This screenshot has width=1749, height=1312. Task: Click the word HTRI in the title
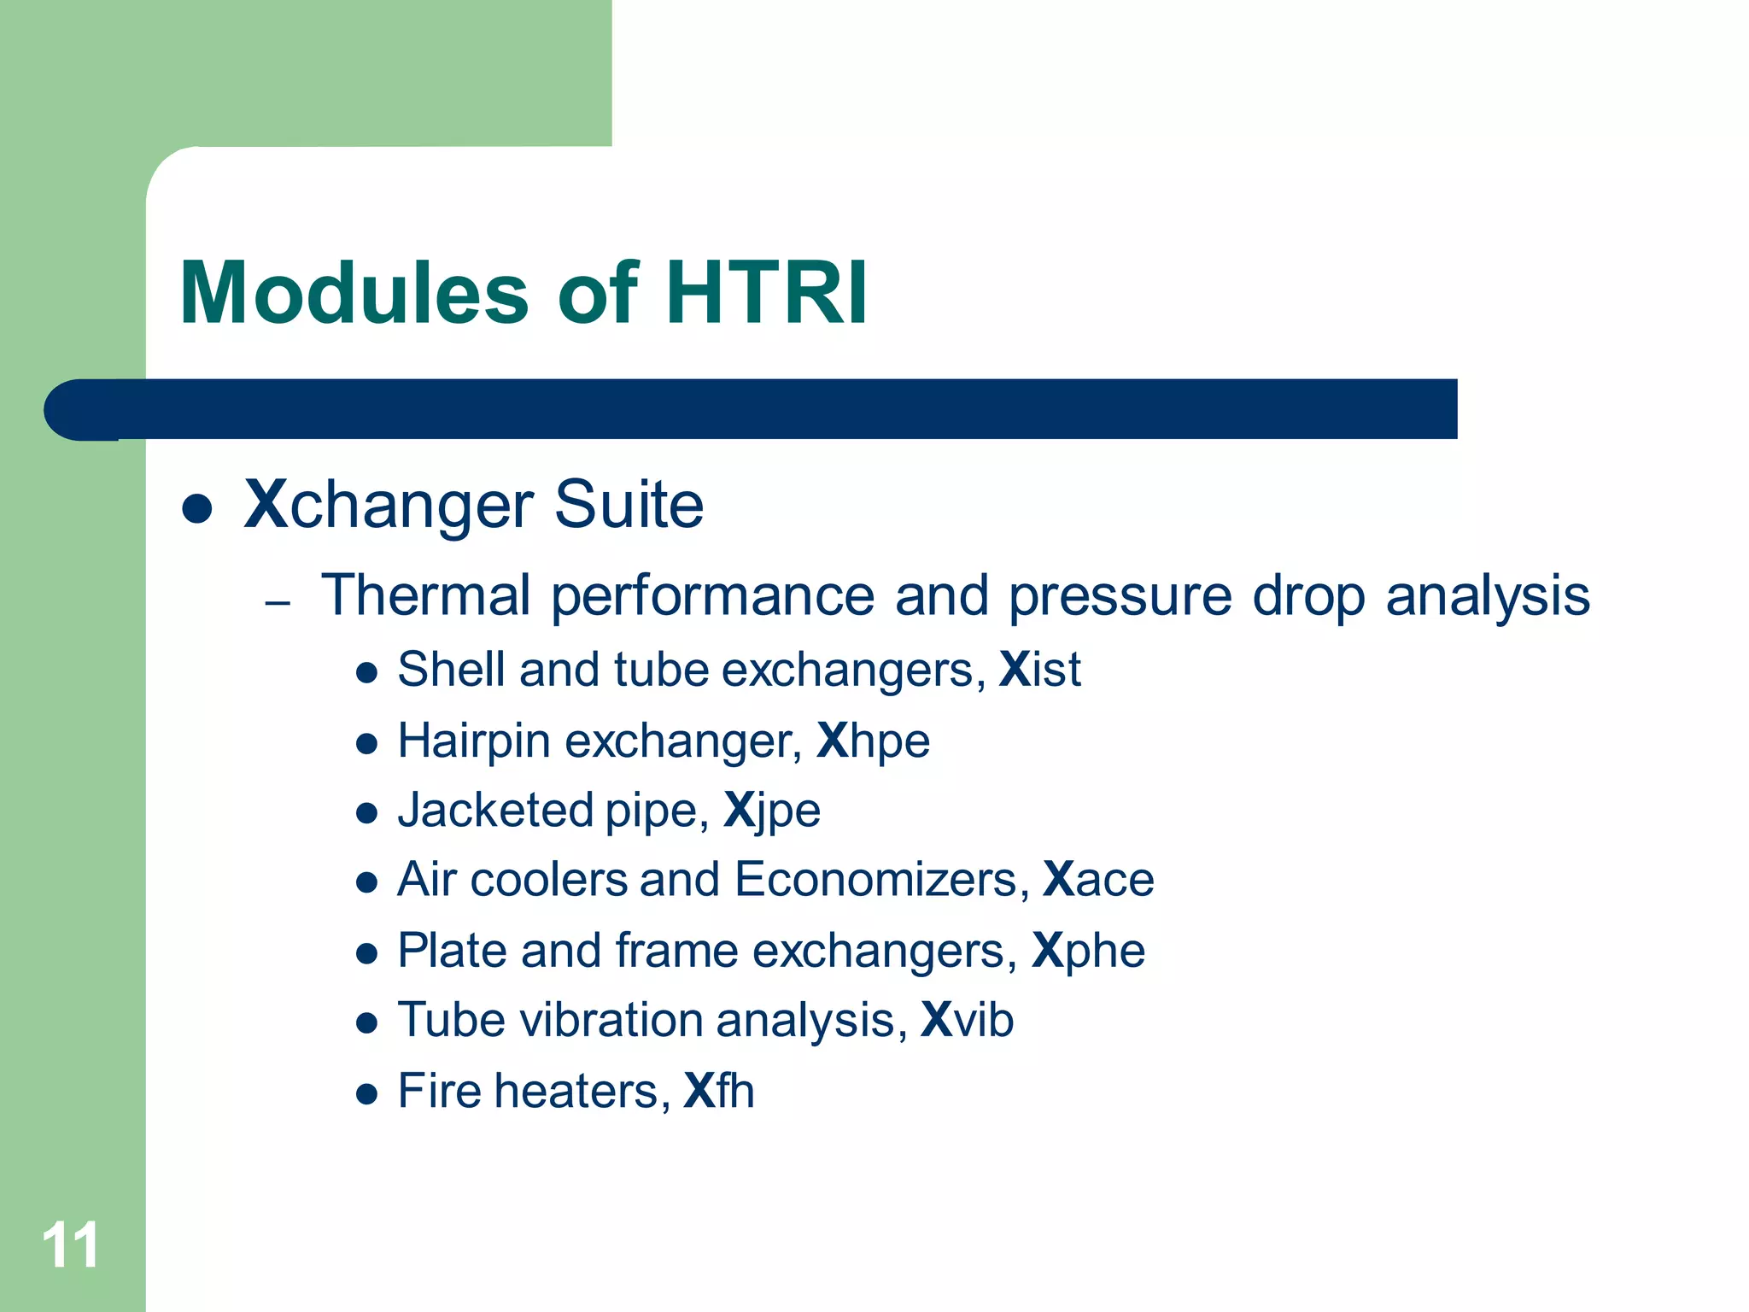tap(765, 294)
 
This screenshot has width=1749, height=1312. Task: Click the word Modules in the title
tap(354, 294)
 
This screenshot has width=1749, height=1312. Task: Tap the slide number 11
tap(70, 1245)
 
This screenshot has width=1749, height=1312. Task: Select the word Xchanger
tap(389, 505)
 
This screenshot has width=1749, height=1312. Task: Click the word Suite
tap(629, 505)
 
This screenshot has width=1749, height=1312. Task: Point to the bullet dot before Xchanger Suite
tap(197, 509)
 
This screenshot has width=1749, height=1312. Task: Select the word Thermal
tap(425, 594)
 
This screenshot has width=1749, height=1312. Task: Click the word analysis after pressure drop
tap(1487, 596)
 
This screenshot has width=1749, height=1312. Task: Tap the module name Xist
tap(1039, 669)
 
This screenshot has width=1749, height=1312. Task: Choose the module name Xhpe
tap(873, 741)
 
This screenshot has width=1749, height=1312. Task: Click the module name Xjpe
tap(771, 811)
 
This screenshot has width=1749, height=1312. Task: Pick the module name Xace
tap(1098, 880)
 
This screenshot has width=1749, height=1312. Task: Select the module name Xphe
tap(1088, 951)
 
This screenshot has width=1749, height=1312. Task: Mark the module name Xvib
tap(967, 1020)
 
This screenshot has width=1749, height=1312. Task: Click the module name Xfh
tap(719, 1091)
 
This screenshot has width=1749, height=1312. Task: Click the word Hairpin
tap(474, 741)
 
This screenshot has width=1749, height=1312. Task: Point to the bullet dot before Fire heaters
tap(366, 1094)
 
